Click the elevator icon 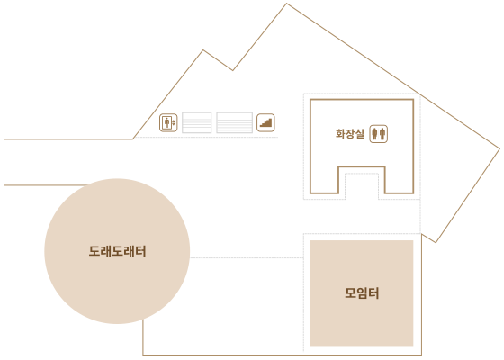tap(168, 122)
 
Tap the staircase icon tap(265, 122)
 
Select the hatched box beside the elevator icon tap(197, 122)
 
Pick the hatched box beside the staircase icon tap(235, 122)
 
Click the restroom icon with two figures tap(379, 134)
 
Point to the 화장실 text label tap(350, 134)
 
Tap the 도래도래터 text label tap(117, 251)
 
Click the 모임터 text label tap(362, 292)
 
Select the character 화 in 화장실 tap(340, 134)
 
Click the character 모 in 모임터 tap(350, 292)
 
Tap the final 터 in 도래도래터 tap(141, 251)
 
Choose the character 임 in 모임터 tap(362, 292)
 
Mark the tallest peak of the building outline tap(286, 4)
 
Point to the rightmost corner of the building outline tap(499, 148)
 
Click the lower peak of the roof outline tap(203, 50)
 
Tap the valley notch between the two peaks tap(233, 70)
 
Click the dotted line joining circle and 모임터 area tap(247, 257)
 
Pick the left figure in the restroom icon tap(374, 134)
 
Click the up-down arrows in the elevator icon tap(174, 122)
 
